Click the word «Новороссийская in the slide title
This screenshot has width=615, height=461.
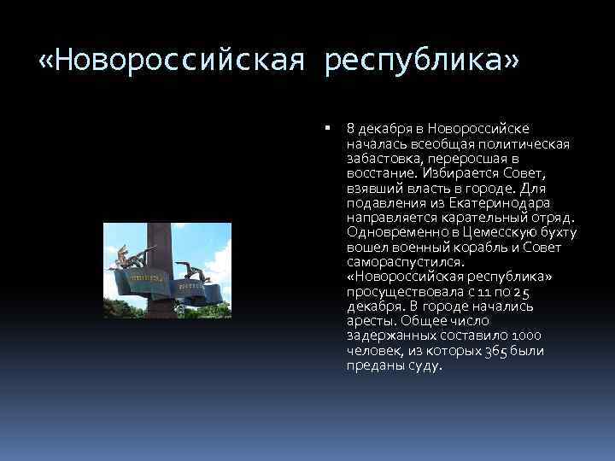(175, 62)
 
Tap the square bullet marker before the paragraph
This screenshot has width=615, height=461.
(328, 127)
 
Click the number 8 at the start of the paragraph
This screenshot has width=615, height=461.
(351, 128)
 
